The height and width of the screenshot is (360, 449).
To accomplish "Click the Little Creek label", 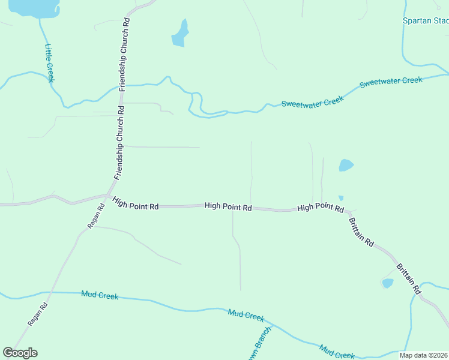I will pos(50,63).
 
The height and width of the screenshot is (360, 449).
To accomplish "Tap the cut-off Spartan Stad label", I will pos(425,21).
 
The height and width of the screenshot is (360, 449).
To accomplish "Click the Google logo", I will pos(20,352).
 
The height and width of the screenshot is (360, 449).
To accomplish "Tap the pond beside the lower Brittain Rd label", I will pos(388,283).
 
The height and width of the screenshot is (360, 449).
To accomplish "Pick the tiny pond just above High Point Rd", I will pos(341,198).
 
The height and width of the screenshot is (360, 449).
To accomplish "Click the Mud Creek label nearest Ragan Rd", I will pos(100,295).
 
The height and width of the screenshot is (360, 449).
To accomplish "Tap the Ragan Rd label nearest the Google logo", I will pos(37,314).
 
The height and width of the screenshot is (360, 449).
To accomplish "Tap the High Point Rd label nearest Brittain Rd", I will pos(320,208).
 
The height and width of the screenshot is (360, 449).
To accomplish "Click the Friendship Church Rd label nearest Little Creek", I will pos(124,55).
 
